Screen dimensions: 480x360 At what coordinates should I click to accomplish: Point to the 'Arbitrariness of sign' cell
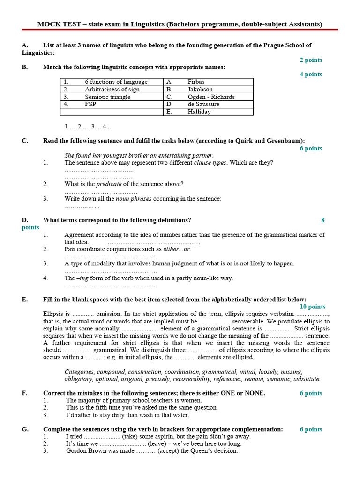pyautogui.click(x=112, y=90)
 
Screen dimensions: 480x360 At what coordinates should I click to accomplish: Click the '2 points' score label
pyautogui.click(x=311, y=60)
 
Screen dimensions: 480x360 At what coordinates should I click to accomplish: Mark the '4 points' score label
pyautogui.click(x=311, y=74)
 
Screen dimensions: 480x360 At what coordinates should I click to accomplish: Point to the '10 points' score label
pyautogui.click(x=313, y=307)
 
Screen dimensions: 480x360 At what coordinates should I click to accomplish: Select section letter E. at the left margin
pyautogui.click(x=25, y=300)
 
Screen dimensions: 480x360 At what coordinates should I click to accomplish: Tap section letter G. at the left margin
pyautogui.click(x=25, y=429)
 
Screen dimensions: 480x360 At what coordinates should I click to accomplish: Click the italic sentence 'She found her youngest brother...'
pyautogui.click(x=139, y=156)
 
